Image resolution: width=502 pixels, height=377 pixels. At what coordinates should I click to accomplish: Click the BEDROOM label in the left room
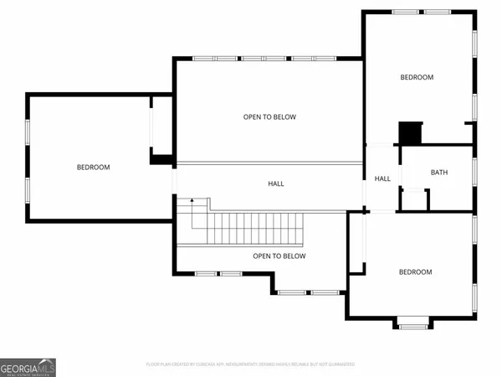tap(93, 168)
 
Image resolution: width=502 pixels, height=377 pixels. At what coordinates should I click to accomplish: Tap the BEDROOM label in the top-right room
tap(417, 78)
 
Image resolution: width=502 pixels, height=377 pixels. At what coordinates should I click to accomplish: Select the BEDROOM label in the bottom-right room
tap(415, 272)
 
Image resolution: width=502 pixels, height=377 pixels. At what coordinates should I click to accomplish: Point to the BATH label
tap(439, 173)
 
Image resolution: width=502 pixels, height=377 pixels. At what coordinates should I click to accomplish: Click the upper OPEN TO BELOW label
tap(269, 117)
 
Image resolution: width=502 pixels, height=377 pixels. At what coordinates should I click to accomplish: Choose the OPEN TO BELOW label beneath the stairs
tap(279, 256)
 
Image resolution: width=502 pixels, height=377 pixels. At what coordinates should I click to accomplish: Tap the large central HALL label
tap(276, 183)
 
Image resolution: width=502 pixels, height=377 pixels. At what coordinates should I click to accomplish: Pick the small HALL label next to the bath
tap(382, 178)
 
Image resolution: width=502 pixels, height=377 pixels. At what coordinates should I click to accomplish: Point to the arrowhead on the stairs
tap(192, 200)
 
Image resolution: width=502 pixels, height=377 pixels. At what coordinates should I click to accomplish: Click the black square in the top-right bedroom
tap(410, 133)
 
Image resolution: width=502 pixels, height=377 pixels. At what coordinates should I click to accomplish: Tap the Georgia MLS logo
tap(28, 367)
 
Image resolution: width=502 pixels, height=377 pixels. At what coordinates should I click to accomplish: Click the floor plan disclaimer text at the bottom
tap(250, 364)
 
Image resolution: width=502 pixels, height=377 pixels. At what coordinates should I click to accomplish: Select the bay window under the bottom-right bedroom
tap(412, 323)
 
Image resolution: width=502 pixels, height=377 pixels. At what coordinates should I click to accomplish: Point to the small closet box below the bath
tap(413, 200)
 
